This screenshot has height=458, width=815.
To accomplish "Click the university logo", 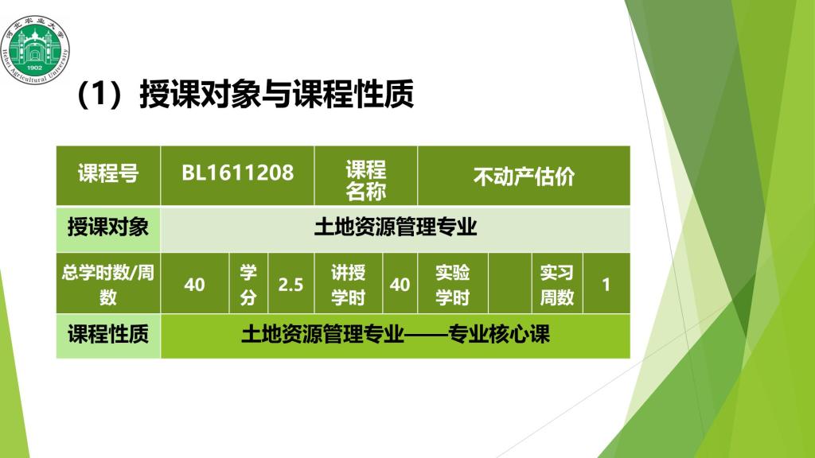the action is point(35,49).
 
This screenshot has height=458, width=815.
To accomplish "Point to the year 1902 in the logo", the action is point(34,68).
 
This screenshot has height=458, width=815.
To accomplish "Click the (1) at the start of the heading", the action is point(99,94).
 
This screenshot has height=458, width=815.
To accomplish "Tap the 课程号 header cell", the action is point(108,176).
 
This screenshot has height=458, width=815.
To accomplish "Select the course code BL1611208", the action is point(237,173).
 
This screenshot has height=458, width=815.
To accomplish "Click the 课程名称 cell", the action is point(366,176).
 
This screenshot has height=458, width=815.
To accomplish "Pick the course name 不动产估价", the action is point(524,177).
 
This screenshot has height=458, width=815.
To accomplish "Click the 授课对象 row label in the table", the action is point(108,227).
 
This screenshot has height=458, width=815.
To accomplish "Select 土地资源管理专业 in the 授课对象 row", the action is point(396,227).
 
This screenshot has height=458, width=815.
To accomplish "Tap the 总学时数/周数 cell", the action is point(108,284).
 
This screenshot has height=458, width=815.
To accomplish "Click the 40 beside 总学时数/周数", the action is point(194,285).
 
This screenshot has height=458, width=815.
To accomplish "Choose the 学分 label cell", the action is point(248,284).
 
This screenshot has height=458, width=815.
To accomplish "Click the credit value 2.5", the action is point(291,285).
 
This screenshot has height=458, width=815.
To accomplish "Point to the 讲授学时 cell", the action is point(349,284).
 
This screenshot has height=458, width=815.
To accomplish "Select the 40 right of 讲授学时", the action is point(400,285).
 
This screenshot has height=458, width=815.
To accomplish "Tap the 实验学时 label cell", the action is point(453,284).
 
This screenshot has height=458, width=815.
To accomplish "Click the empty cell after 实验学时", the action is point(510,284).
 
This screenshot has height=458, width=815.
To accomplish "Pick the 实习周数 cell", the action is point(557,284).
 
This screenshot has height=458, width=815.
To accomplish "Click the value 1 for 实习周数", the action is point(606,285).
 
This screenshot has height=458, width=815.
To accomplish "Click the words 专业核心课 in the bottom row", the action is point(498,334).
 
